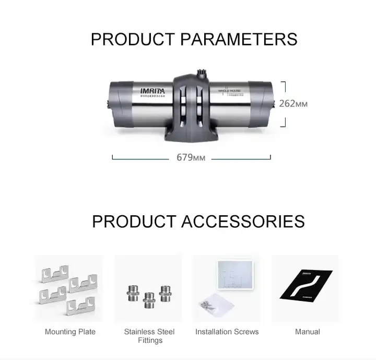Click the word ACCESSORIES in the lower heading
pos(243,221)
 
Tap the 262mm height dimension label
pos(293,103)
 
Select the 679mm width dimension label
pos(191,157)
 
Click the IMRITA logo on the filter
pos(152,90)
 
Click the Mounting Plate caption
pos(70,332)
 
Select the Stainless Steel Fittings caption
pos(149,336)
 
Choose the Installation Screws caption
pos(227,332)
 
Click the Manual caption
pos(308,332)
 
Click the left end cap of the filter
pos(118,104)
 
